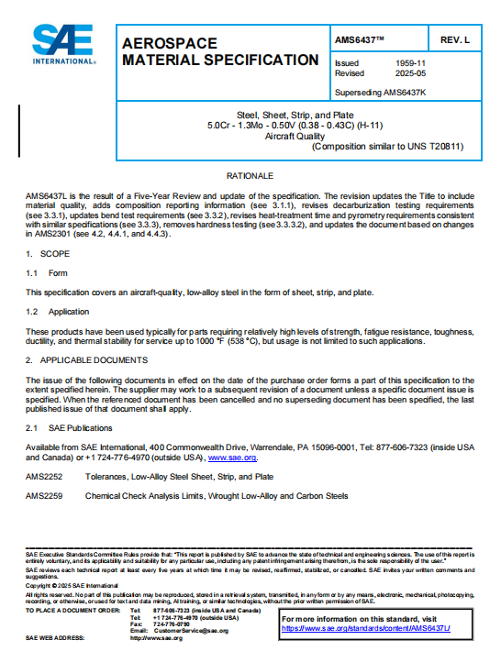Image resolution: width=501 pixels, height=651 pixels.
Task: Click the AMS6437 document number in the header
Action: (x=361, y=41)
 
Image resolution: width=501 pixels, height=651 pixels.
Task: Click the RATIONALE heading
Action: (x=250, y=174)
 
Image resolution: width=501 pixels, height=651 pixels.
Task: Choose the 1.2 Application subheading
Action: (x=58, y=312)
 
